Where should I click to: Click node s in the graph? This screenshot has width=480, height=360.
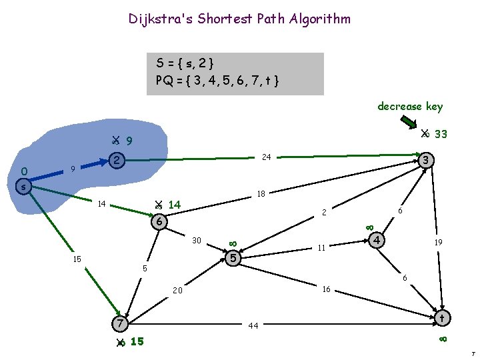tap(23, 187)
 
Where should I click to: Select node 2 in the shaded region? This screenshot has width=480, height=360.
tap(117, 161)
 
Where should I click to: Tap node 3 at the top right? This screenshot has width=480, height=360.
tap(427, 161)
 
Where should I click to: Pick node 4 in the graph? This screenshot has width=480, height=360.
tap(377, 239)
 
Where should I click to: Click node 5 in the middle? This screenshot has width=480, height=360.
tap(233, 257)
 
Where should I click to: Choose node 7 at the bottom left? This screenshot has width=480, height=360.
tap(119, 323)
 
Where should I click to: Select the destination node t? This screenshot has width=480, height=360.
tap(441, 319)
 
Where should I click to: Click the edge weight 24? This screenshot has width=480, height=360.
tap(266, 157)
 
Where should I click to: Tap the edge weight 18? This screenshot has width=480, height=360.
tap(261, 195)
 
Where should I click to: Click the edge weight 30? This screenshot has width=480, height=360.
tap(197, 240)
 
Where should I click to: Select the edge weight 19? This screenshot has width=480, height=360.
tap(439, 243)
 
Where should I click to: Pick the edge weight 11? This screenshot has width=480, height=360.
tap(321, 247)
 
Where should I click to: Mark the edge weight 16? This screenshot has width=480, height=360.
tap(327, 289)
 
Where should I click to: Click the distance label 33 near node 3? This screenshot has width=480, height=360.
tap(440, 135)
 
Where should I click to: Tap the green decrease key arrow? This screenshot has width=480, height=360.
tap(409, 123)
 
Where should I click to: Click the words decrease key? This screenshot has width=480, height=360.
tap(409, 107)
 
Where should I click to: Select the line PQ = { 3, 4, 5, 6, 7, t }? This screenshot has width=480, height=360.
tap(217, 81)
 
